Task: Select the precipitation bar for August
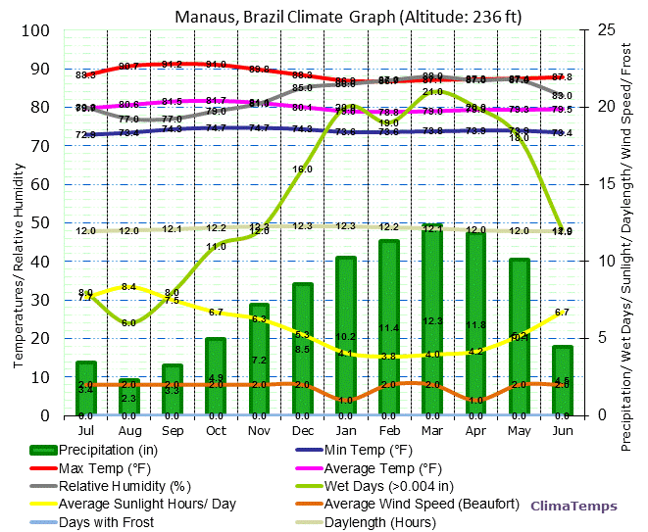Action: pos(129,397)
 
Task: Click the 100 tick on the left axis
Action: pos(35,30)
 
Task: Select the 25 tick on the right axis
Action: pos(603,30)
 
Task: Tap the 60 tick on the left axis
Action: pos(39,184)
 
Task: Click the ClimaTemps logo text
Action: pos(573,507)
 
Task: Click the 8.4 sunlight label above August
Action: pos(128,287)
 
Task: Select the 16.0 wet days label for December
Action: pos(302,169)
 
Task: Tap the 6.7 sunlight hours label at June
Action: pos(562,312)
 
